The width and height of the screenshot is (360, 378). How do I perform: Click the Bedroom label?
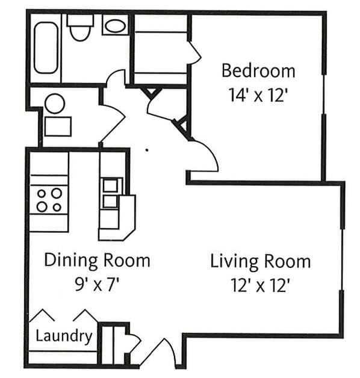[x=258, y=70]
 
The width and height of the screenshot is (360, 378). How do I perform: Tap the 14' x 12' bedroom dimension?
[x=258, y=94]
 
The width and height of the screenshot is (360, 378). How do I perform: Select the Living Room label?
[x=260, y=262]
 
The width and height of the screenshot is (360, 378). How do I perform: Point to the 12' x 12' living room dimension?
[x=260, y=285]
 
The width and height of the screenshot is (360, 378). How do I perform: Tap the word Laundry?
[x=64, y=336]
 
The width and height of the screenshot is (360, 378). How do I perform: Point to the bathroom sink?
[x=114, y=25]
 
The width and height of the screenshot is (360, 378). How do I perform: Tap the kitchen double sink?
[x=111, y=193]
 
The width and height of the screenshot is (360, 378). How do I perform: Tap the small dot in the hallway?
[x=147, y=149]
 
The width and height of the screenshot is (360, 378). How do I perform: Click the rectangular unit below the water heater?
[x=58, y=126]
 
